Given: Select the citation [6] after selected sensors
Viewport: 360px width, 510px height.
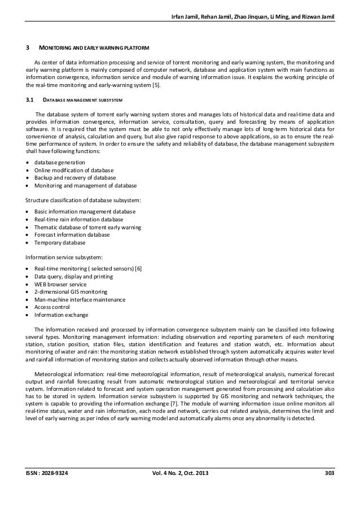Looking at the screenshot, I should (138, 268).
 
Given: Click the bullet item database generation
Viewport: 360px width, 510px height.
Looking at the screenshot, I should (60, 163).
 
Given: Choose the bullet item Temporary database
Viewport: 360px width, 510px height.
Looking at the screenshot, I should (60, 242).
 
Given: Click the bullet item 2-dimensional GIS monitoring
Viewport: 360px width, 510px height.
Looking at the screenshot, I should (71, 292).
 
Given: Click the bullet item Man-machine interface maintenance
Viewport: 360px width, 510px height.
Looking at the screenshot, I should (80, 300).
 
